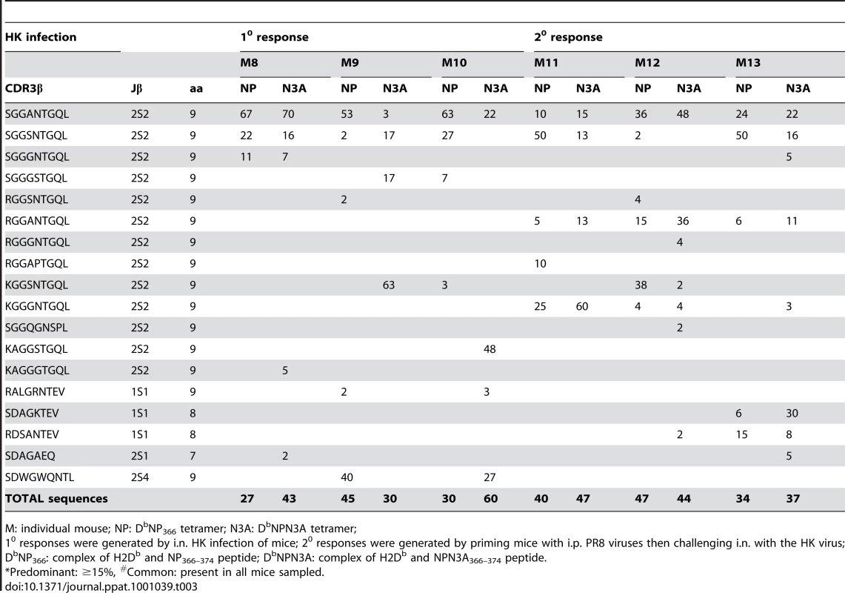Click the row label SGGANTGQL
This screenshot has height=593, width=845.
pos(36,114)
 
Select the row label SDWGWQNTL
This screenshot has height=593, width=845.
pos(39,477)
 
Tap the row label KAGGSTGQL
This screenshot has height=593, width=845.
pos(36,349)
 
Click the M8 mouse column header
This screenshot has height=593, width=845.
pos(249,63)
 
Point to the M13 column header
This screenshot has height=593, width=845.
pos(748,63)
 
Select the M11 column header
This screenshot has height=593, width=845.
pos(546,63)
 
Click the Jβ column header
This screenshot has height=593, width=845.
pos(136,89)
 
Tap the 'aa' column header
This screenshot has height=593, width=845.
pos(196,89)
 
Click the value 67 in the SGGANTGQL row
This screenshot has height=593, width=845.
pos(247,114)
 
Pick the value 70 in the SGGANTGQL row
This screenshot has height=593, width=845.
pos(289,114)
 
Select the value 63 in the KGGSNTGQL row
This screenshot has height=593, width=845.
pos(389,285)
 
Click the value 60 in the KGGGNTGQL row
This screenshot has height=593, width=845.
pos(582,306)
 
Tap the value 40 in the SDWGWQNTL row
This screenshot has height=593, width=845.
pos(347,477)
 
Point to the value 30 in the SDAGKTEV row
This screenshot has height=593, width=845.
pos(792,414)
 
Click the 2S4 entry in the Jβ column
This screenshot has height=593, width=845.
pos(139,477)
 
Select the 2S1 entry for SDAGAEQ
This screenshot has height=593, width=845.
pos(139,456)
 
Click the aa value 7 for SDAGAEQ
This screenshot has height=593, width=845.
pos(193,456)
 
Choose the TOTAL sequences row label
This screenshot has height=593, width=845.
pos(56,499)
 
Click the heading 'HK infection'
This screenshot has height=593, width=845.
pos(41,37)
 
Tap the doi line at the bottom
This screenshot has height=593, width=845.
pos(101,586)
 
